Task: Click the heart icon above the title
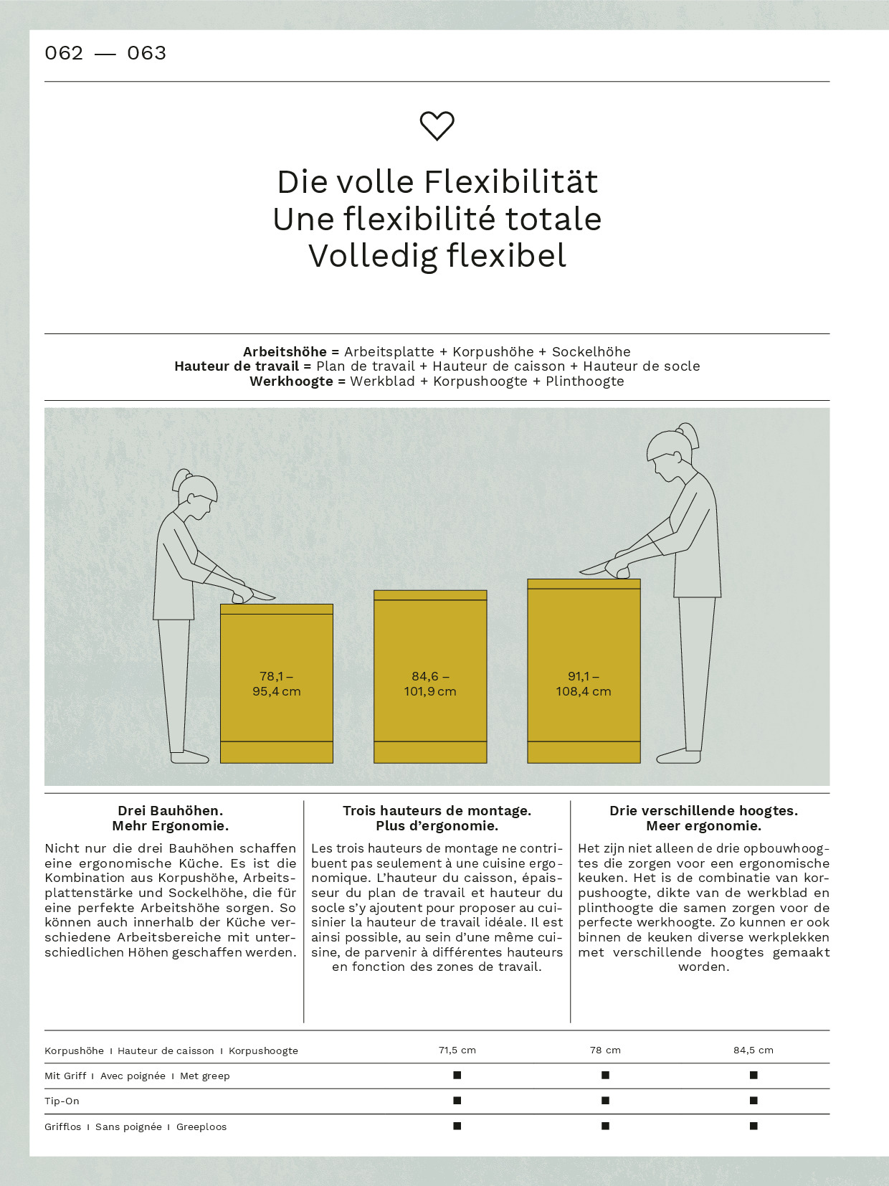[437, 126]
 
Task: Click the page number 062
[64, 53]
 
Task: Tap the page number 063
[146, 53]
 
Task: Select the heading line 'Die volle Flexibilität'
[437, 182]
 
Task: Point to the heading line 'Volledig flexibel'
[437, 256]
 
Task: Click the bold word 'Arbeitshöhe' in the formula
[285, 352]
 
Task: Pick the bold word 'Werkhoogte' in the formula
[291, 381]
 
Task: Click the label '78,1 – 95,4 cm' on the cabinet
[276, 684]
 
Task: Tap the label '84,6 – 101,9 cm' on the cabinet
[430, 684]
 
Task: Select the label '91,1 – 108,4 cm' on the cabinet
[584, 684]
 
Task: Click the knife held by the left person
[260, 595]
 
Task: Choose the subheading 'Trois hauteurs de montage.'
[437, 811]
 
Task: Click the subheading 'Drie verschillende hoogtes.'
[703, 811]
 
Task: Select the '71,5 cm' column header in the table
[457, 1050]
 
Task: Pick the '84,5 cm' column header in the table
[753, 1050]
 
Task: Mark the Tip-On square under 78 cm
[605, 1101]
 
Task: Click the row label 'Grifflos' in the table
[63, 1127]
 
